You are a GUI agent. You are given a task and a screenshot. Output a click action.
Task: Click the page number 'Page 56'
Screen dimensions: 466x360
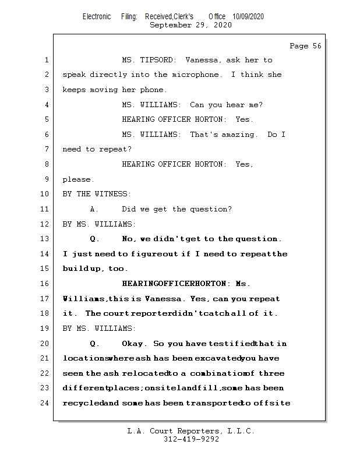(305, 46)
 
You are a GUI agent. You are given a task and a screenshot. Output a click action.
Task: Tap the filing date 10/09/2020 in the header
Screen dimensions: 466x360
(248, 17)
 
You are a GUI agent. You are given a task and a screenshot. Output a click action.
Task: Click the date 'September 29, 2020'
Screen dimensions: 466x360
(190, 25)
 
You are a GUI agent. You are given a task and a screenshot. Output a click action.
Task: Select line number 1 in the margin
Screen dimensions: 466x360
(46, 60)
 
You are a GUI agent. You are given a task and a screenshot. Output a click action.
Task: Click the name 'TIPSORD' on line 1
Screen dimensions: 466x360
(158, 60)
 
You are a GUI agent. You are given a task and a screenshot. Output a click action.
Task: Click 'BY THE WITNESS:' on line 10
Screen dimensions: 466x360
(97, 194)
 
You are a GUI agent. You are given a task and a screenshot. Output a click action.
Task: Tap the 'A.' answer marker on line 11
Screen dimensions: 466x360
(94, 209)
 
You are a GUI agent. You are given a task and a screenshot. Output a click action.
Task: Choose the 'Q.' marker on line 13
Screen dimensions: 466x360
(94, 239)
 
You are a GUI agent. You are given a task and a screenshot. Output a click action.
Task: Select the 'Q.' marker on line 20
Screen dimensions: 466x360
(94, 344)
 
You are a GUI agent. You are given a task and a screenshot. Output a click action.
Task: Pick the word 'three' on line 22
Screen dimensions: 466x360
(272, 373)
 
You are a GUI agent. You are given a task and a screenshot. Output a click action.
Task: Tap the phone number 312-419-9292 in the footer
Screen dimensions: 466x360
(190, 439)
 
